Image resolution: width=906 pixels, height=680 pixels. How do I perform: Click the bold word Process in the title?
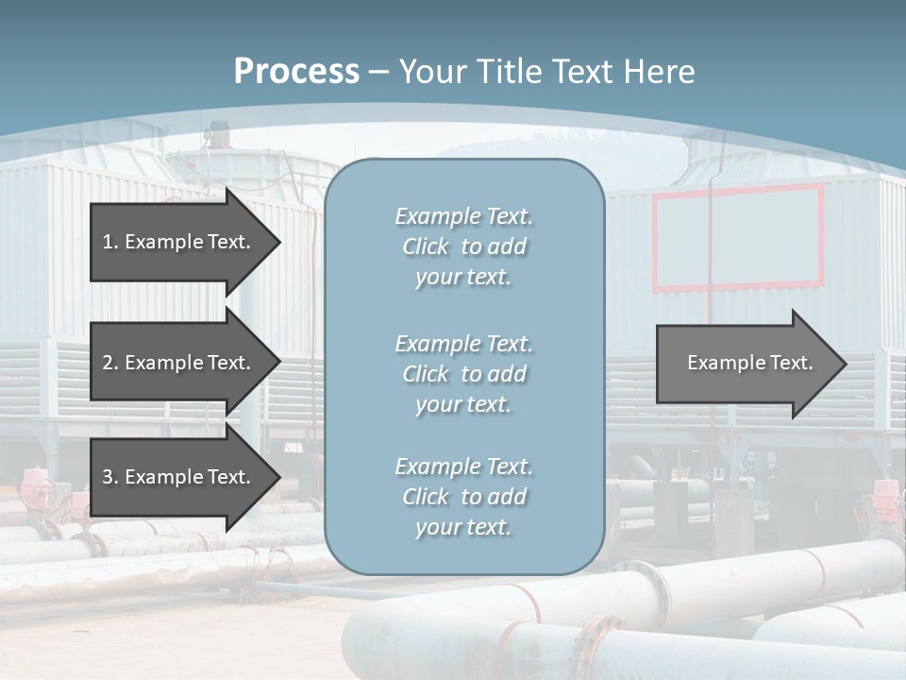tap(296, 72)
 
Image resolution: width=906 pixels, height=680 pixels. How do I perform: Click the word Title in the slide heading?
tap(511, 72)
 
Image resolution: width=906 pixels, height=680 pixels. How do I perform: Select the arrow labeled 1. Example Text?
tap(179, 242)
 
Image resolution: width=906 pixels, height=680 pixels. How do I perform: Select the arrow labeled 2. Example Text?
tap(179, 363)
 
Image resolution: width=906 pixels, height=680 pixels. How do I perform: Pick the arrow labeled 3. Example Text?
tap(179, 477)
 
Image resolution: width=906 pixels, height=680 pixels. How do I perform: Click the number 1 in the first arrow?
tap(109, 242)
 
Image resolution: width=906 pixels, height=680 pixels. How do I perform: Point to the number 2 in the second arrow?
tap(109, 363)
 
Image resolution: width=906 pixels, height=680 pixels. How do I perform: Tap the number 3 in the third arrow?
tap(109, 477)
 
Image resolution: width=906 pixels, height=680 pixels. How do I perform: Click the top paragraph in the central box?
tap(463, 246)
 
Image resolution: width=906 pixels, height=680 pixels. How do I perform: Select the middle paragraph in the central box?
tap(463, 374)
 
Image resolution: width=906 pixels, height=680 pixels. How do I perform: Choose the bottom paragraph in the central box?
tap(463, 497)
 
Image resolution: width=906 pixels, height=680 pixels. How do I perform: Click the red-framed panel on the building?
tap(738, 237)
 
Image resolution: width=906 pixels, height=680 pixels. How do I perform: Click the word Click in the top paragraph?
tap(426, 246)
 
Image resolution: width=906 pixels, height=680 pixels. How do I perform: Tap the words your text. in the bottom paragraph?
tap(463, 527)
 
